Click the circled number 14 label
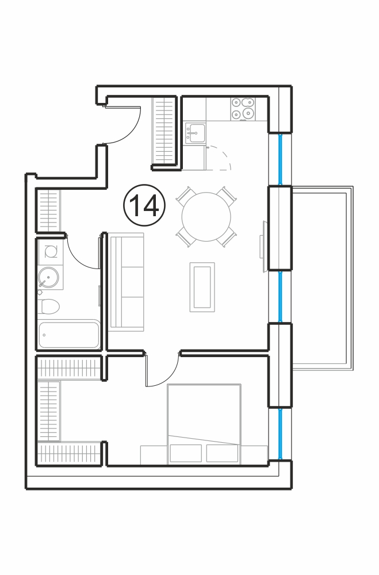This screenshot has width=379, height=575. click(x=144, y=205)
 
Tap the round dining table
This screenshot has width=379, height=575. click(x=206, y=216)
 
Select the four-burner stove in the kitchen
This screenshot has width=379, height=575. click(x=243, y=109)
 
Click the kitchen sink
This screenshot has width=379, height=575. click(x=195, y=133)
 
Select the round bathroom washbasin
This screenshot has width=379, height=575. click(x=48, y=278)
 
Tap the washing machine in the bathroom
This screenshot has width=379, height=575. click(x=50, y=252)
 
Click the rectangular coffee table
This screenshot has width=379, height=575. click(x=202, y=287)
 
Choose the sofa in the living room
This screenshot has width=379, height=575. click(x=127, y=282)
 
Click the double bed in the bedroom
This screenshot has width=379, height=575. click(x=204, y=424)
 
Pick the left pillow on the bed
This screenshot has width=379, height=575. click(x=186, y=453)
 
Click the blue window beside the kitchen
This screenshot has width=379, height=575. click(x=281, y=159)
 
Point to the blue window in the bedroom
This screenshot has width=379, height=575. click(x=281, y=433)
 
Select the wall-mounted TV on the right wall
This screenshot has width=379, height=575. click(x=263, y=247)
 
